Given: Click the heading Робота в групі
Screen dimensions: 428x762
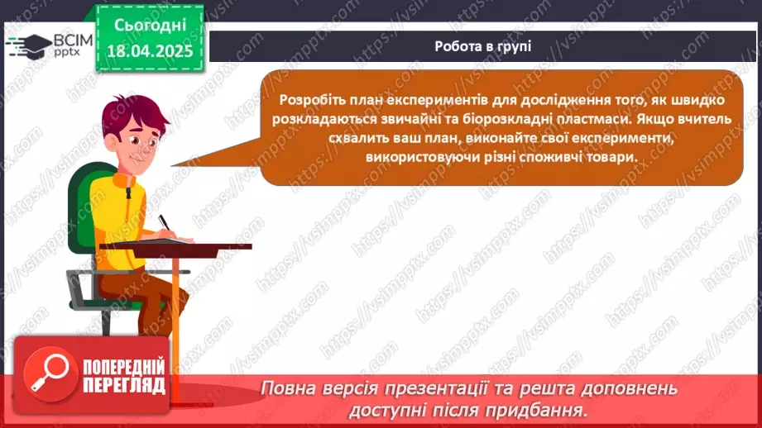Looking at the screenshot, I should [482, 46].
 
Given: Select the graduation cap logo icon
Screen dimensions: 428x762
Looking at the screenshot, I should [27, 45].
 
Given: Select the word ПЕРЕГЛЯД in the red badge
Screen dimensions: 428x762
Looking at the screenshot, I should [124, 386].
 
